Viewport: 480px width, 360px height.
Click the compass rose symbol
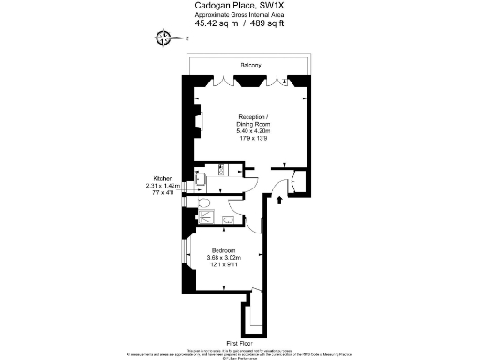click(x=165, y=37)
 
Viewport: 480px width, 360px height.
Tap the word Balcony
click(x=250, y=65)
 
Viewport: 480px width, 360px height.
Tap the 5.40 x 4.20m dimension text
click(x=250, y=131)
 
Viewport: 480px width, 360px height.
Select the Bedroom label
click(x=223, y=251)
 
